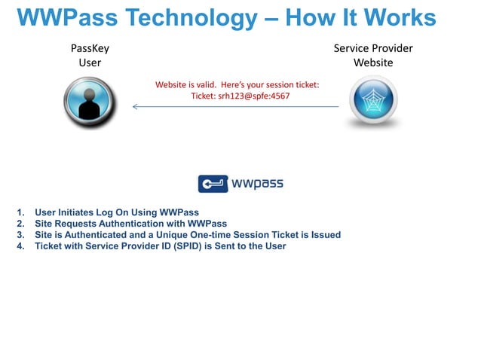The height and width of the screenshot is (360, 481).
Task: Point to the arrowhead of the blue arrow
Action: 135,106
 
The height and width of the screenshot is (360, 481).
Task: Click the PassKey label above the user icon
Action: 90,49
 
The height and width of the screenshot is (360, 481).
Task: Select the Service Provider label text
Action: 373,49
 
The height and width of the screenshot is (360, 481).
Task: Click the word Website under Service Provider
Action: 373,63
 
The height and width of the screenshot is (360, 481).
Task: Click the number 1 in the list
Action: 19,212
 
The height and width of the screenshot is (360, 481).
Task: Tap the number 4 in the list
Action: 19,246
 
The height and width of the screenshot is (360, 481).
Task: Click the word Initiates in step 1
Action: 81,212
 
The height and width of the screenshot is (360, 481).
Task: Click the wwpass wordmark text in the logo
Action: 258,184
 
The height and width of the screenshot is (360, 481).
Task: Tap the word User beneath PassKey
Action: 90,63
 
